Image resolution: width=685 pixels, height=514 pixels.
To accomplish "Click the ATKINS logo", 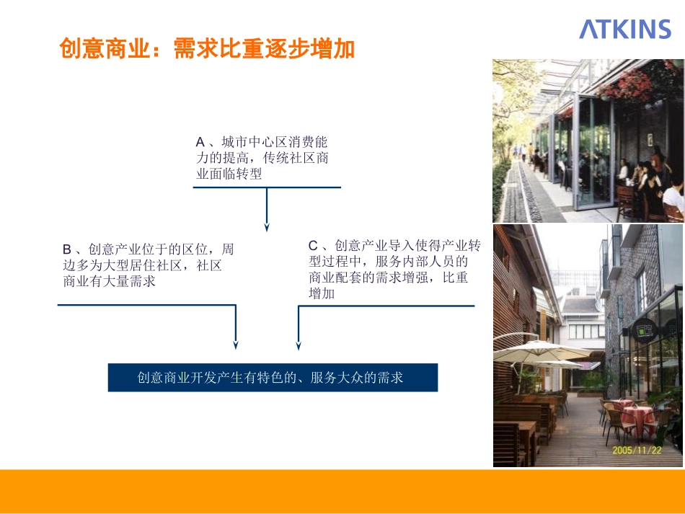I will click(625, 29).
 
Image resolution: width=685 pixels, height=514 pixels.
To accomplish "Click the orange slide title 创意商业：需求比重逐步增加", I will click(207, 50).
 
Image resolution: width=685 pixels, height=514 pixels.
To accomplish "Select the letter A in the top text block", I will click(200, 142).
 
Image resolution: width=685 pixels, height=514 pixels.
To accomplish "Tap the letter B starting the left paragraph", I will click(67, 250).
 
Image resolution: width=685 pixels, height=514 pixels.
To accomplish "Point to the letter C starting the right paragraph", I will click(313, 246).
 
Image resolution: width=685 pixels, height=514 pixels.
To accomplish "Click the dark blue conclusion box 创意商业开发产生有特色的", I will click(273, 377).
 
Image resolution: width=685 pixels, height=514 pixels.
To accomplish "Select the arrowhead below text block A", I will click(267, 227).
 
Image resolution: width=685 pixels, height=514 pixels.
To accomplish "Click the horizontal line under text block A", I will click(267, 187).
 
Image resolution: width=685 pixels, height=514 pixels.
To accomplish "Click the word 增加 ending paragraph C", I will click(322, 293).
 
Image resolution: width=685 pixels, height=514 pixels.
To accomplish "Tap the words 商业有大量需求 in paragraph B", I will click(110, 281).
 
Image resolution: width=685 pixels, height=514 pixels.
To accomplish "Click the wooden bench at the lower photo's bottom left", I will click(509, 444).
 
